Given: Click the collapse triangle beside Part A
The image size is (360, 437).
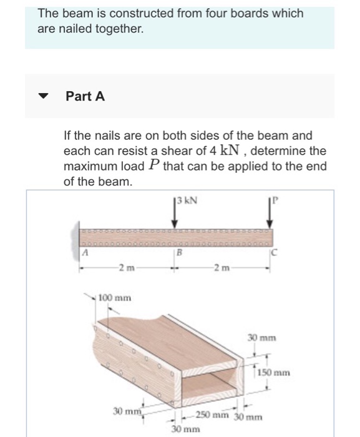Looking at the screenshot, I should (43, 97).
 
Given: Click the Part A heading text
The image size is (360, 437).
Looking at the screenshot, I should (85, 96).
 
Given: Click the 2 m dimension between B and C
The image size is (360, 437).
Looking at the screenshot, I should (221, 269).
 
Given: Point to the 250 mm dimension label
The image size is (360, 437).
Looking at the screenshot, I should (213, 416).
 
